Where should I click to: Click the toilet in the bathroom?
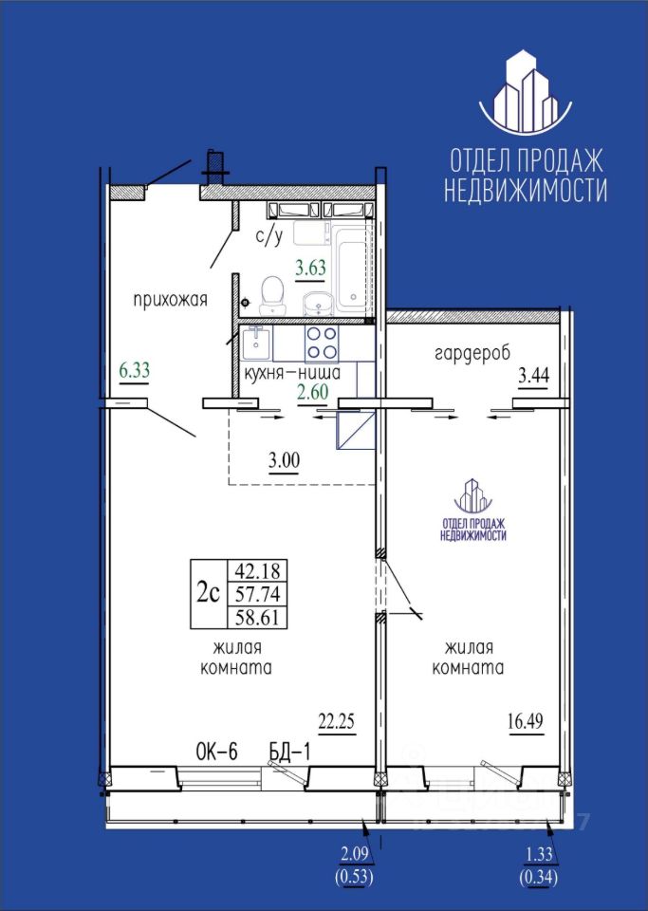pos(272,295)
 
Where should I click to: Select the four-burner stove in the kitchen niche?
pos(322,343)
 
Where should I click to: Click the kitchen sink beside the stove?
pos(256,343)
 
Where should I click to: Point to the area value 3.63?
pos(310,269)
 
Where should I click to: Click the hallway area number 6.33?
pos(134,370)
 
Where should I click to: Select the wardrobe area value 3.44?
pos(533,376)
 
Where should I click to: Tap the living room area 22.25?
pos(336,721)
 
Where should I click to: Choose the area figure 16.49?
pos(526,721)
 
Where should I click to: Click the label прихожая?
pos(170,301)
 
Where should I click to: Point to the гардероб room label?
pos(472,353)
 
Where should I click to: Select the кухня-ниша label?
pos(292,373)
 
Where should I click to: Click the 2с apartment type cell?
pos(209,593)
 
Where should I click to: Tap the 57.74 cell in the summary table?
pos(257,594)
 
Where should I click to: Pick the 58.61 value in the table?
pos(257,617)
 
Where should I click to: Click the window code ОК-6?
pos(217,753)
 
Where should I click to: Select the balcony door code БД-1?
pos(289,753)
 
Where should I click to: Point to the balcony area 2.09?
pos(354,855)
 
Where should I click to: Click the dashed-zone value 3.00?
pos(284,461)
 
